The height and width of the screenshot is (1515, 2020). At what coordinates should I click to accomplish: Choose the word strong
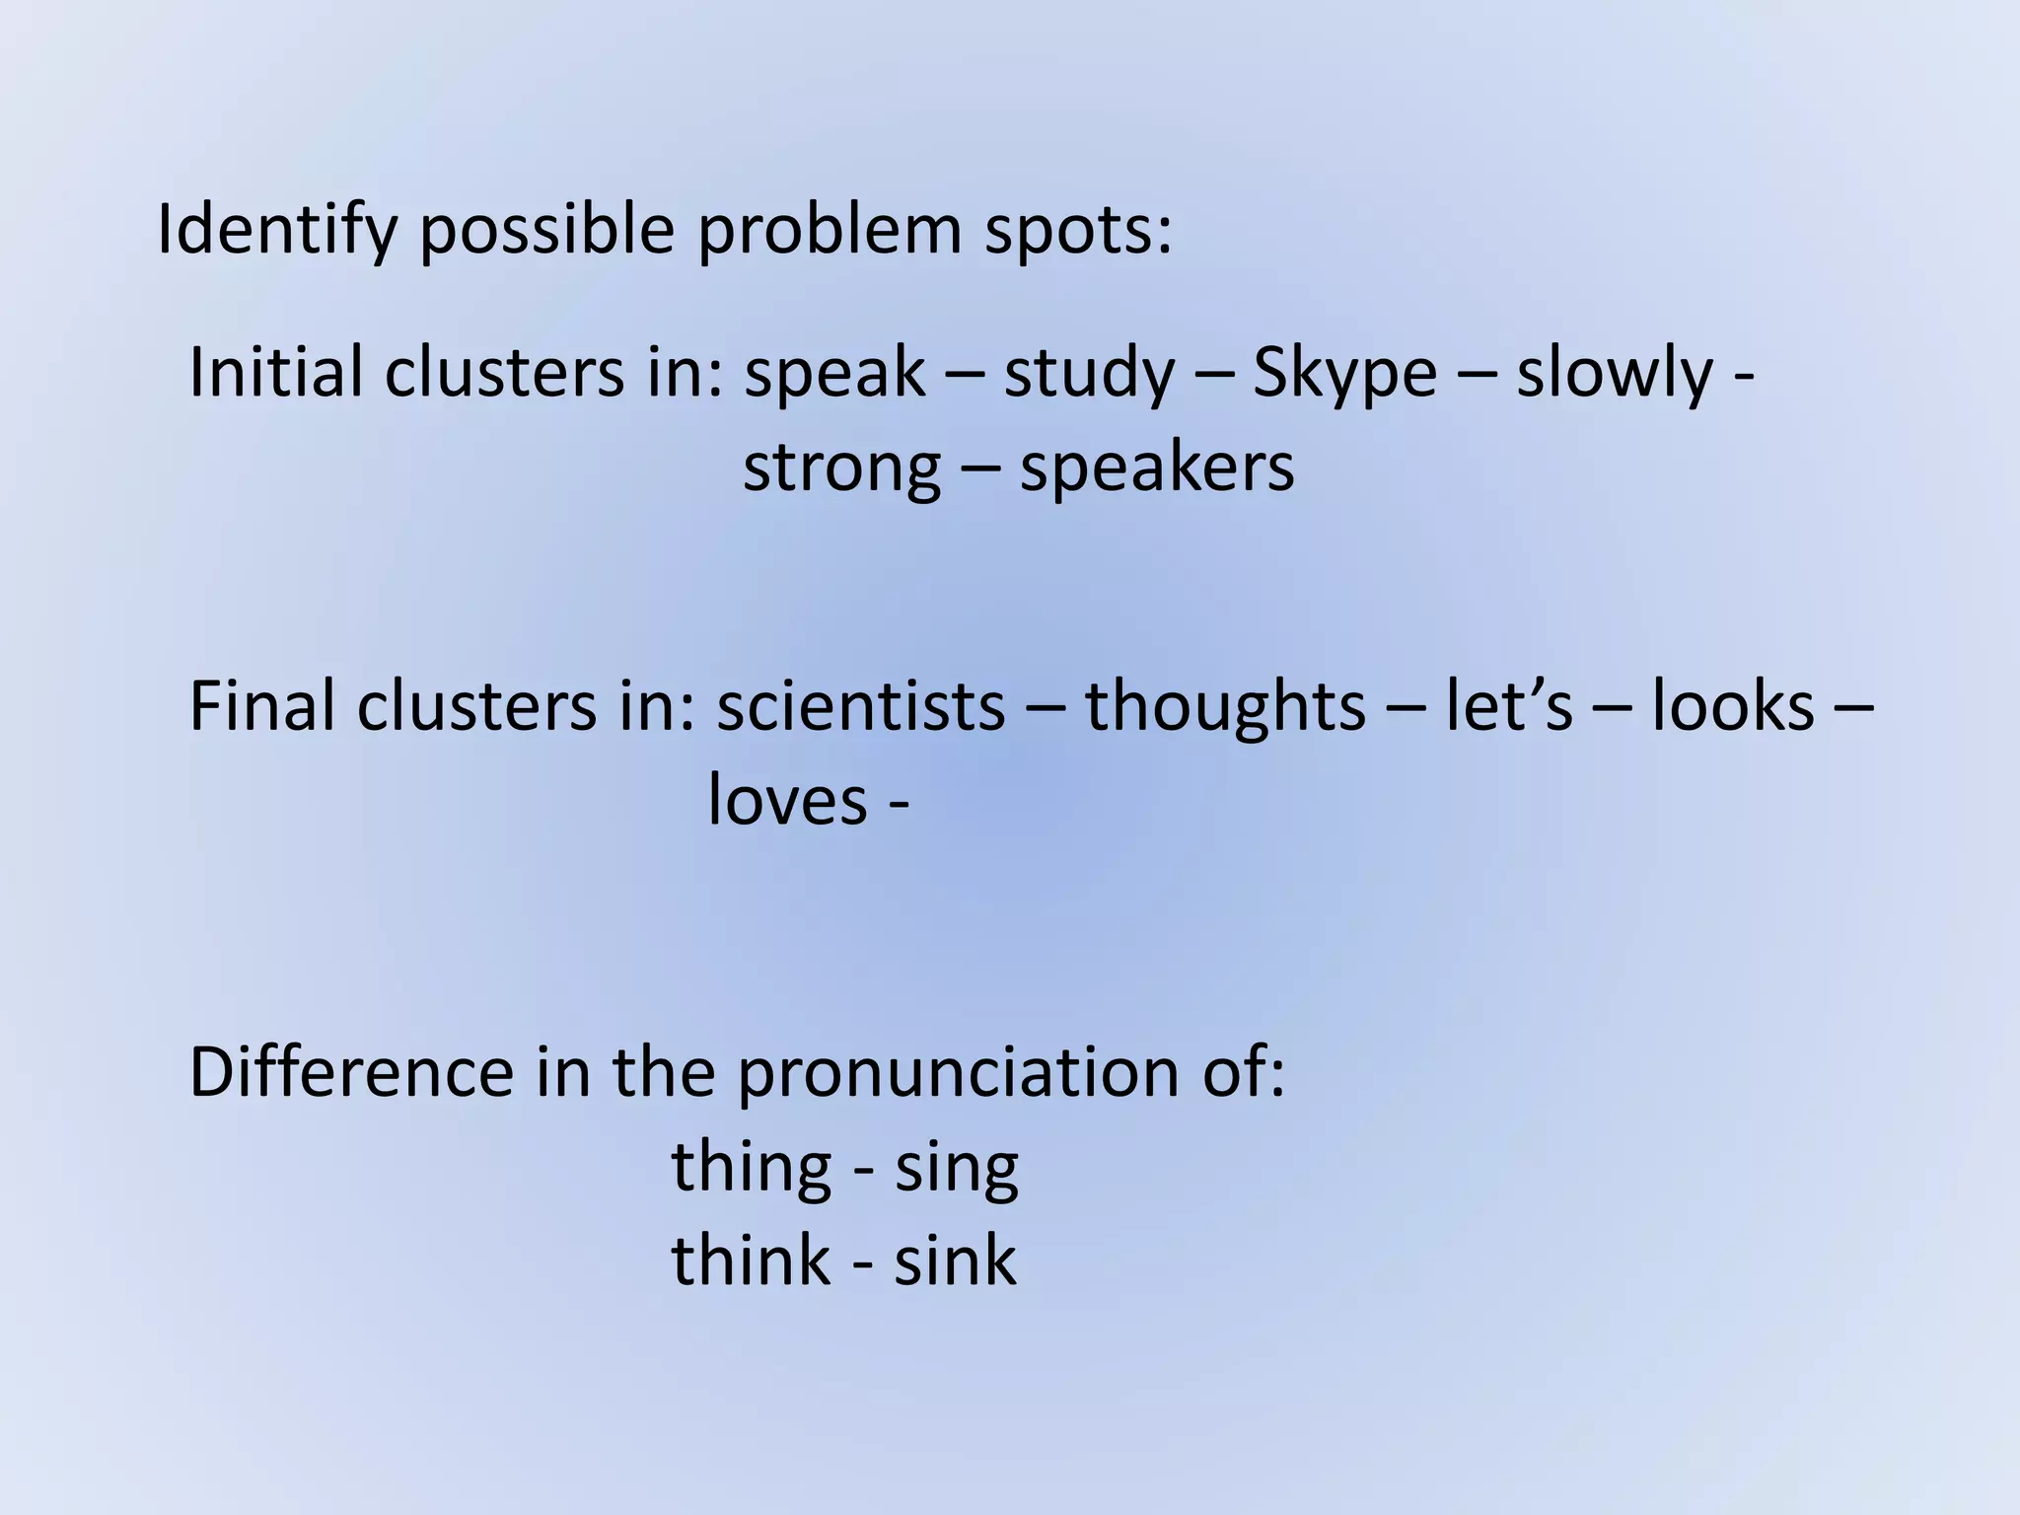coord(841,468)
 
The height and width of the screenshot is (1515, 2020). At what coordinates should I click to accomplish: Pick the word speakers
coord(1157,468)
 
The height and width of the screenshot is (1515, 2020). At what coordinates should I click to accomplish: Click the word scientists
coord(860,706)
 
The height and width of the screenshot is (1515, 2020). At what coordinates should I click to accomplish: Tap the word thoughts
coord(1226,706)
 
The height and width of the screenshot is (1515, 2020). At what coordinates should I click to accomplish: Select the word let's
coord(1509,706)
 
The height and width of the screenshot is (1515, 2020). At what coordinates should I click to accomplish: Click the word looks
coord(1733,706)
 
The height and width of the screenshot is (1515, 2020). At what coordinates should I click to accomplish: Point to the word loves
coord(787,800)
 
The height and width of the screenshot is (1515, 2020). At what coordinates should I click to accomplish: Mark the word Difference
coord(351,1072)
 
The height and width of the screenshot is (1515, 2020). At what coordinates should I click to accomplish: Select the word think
coord(751,1261)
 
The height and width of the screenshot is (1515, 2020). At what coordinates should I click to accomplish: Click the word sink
coord(955,1261)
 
